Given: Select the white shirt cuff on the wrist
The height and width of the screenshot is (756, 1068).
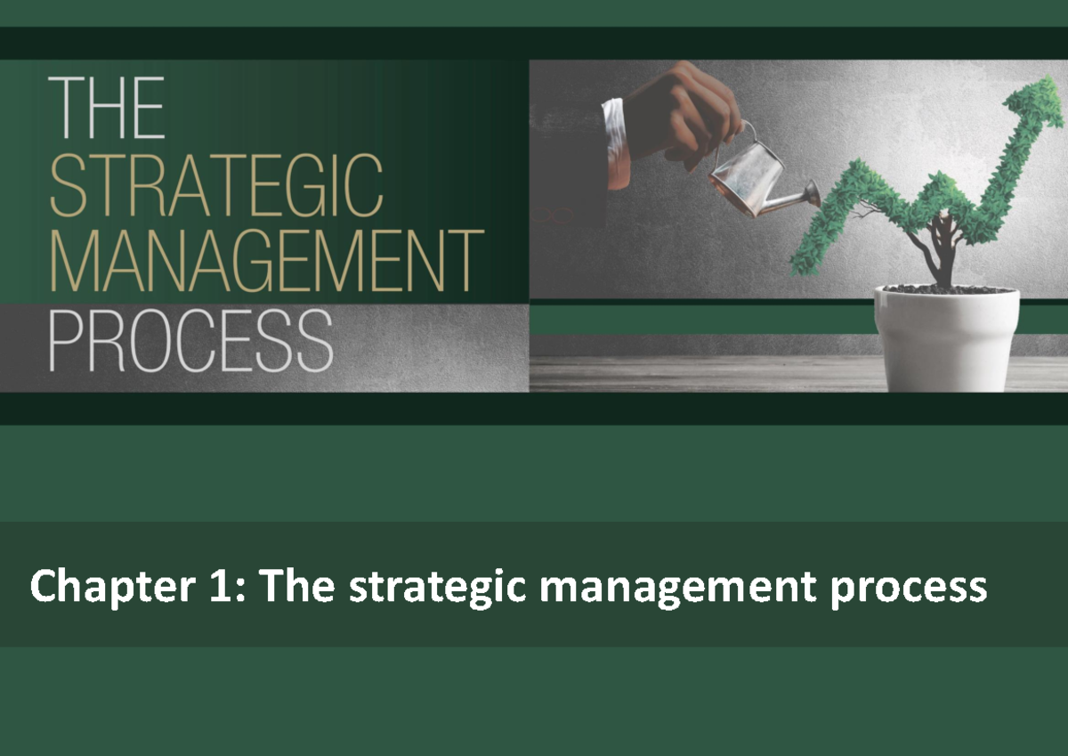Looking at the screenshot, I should (614, 129).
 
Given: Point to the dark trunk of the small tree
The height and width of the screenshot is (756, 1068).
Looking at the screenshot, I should (943, 254).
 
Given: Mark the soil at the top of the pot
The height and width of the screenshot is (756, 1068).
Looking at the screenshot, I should (946, 289).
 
